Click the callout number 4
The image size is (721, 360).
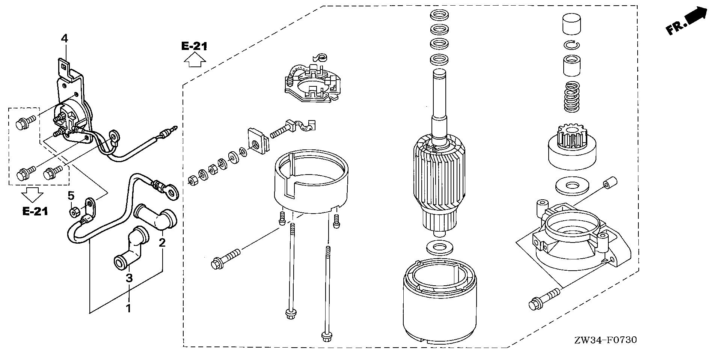[65, 38]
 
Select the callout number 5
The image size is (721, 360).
[71, 196]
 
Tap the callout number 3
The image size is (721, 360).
[129, 278]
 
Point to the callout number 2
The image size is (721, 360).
[162, 243]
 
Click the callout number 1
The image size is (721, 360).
[128, 309]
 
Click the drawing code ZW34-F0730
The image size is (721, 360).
[605, 340]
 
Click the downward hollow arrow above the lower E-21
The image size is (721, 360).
[32, 195]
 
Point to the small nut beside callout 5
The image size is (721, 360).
[74, 212]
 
